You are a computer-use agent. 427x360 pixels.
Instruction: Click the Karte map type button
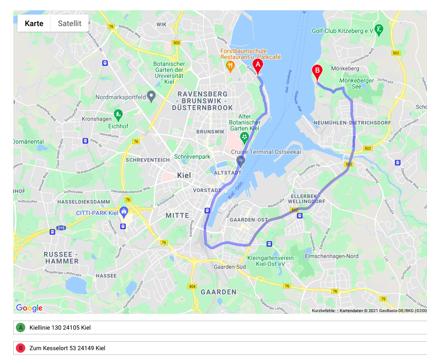(x=34, y=24)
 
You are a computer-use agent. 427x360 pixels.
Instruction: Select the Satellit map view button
(x=70, y=24)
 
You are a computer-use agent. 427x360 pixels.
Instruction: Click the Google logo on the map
(x=29, y=308)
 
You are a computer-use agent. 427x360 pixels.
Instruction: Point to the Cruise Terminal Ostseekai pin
(x=240, y=161)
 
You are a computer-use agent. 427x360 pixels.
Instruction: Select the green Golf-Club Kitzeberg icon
(x=379, y=30)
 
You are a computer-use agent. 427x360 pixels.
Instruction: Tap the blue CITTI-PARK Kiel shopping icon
(x=124, y=211)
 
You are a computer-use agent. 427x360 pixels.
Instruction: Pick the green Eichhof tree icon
(x=119, y=114)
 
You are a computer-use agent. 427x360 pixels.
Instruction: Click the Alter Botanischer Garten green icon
(x=244, y=137)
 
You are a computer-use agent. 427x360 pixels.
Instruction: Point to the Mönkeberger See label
(x=356, y=83)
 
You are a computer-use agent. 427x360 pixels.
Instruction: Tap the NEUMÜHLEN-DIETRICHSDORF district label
(x=352, y=123)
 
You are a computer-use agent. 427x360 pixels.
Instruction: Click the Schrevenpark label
(x=192, y=157)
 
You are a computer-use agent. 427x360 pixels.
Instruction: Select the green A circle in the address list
(x=20, y=328)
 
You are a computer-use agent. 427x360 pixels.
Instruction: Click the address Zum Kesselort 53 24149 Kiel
(x=67, y=348)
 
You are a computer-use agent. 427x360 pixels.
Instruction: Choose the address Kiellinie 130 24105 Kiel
(x=60, y=328)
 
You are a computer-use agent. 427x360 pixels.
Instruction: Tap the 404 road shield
(x=192, y=286)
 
